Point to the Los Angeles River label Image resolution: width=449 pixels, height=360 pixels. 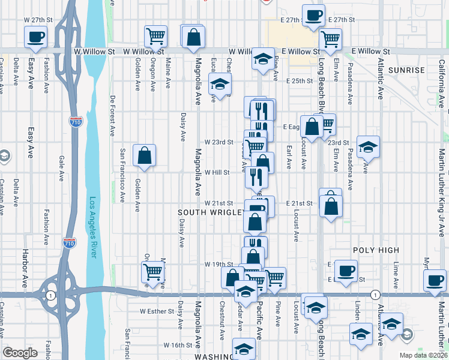tap(93, 227)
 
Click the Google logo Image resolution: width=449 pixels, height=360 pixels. tap(20, 353)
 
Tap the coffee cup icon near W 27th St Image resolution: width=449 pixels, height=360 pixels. tap(35, 37)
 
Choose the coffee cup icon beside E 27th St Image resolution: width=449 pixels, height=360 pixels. tap(312, 16)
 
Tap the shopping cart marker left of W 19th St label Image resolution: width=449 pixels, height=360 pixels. tap(152, 271)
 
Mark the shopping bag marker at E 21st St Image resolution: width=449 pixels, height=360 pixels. tap(331, 206)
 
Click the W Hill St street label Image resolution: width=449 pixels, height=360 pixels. tap(217, 172)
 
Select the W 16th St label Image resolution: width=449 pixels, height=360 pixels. tap(178, 345)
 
